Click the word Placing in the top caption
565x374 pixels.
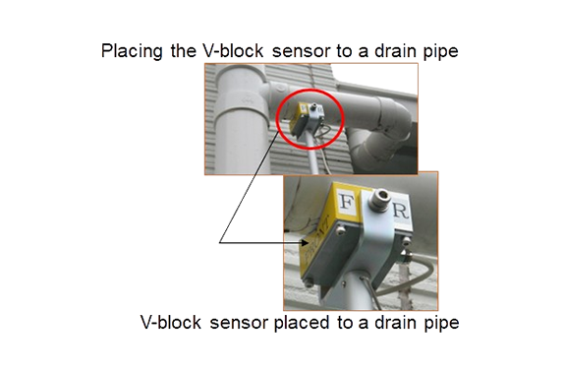pyautogui.click(x=132, y=51)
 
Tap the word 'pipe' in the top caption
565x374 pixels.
pyautogui.click(x=440, y=51)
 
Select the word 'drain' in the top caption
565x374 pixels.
pyautogui.click(x=395, y=51)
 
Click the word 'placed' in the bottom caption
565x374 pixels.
pyautogui.click(x=302, y=323)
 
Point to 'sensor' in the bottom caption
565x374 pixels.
pyautogui.click(x=239, y=323)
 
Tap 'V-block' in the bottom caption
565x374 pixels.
pyautogui.click(x=171, y=323)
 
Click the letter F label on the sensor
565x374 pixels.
pyautogui.click(x=347, y=202)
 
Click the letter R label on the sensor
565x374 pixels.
pyautogui.click(x=401, y=211)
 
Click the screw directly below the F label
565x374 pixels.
pyautogui.click(x=340, y=230)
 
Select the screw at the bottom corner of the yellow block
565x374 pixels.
pyautogui.click(x=309, y=283)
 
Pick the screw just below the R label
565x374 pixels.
pyautogui.click(x=406, y=240)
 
